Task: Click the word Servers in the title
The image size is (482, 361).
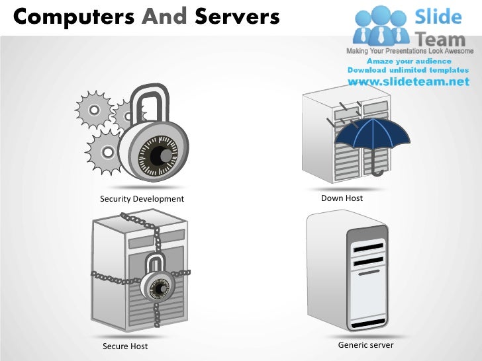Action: point(237,16)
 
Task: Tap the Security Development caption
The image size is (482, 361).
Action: point(142,199)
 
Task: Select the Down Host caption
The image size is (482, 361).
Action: point(342,198)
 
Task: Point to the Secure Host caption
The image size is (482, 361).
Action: point(125,346)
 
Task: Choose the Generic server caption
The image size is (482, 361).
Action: point(365,345)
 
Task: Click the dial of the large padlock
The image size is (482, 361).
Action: point(158,156)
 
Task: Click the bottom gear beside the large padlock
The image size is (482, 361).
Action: point(103,149)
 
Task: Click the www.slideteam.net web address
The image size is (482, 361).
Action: point(408,83)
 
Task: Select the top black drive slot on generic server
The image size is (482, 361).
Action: point(368,248)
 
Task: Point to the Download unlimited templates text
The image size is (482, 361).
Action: point(408,70)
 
